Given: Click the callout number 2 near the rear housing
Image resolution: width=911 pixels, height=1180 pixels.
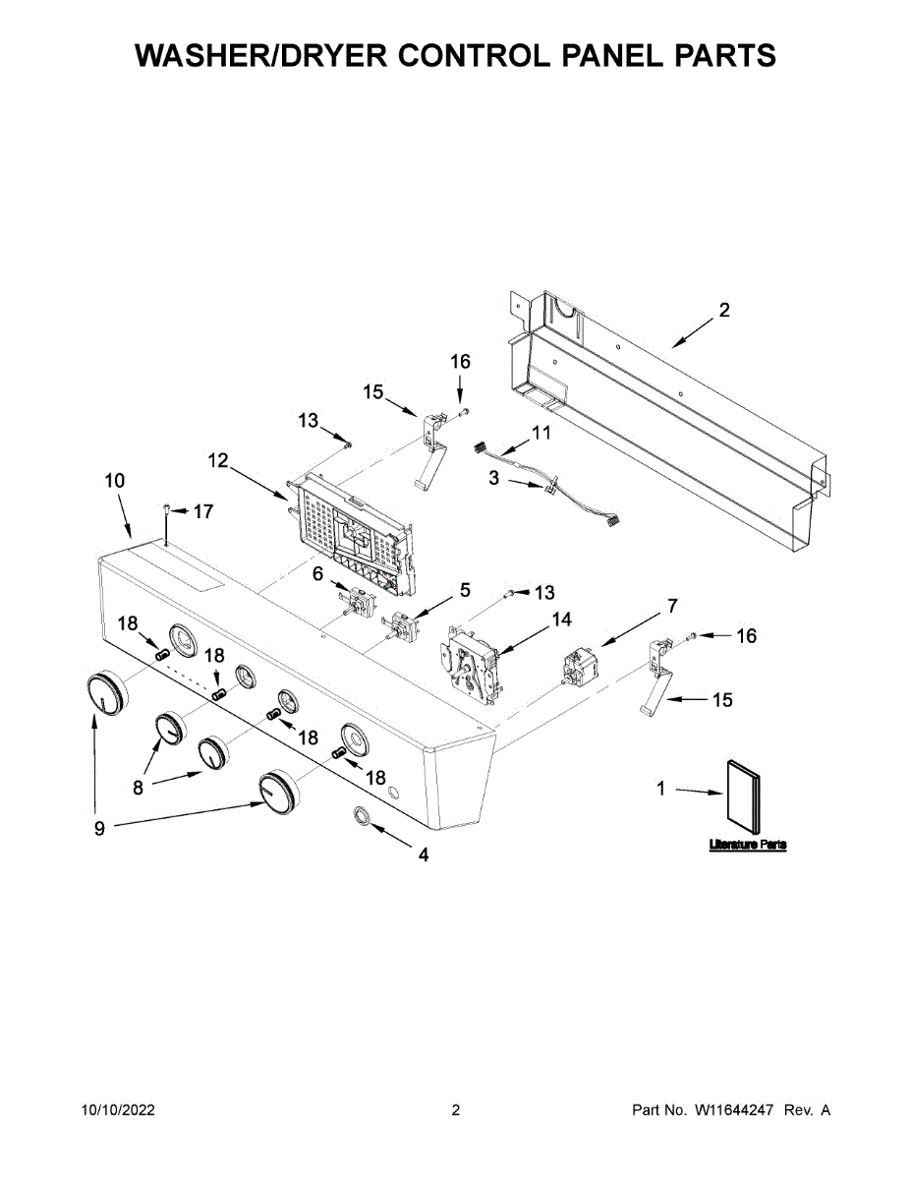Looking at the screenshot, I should coord(724,311).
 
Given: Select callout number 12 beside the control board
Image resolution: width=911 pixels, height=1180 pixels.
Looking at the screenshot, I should coord(218,460).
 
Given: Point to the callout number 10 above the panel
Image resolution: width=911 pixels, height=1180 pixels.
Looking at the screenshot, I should coord(115,481).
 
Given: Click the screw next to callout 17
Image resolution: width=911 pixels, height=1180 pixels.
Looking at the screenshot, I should coord(167,509).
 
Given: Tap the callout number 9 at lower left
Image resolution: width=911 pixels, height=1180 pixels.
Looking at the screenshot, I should coord(99,829).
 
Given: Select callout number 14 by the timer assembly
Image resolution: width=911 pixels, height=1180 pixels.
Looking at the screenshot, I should coord(561,619).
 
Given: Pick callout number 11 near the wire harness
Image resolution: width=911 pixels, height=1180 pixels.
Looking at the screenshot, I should coord(541,433).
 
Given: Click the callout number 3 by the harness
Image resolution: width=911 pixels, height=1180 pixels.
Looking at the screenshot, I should coord(494,478).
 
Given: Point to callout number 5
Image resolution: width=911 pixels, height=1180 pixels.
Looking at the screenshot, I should coord(464,590).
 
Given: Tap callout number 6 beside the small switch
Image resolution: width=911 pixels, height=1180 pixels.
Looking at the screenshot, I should coord(318,573).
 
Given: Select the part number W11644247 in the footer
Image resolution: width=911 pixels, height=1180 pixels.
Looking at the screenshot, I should coord(737,1110).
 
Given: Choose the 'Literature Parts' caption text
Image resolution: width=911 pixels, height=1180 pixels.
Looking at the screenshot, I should coord(747,845).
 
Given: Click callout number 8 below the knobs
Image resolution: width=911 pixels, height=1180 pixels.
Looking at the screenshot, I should coord(139,787).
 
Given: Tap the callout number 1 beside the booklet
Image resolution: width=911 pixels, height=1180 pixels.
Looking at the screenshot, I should coord(661,788).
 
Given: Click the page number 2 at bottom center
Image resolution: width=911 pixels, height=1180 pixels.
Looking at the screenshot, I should coord(455,1110).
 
